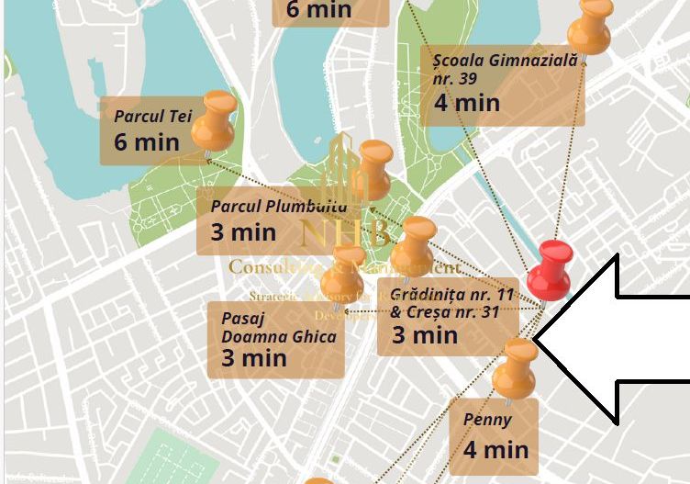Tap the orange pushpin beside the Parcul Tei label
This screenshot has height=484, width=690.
point(216,120)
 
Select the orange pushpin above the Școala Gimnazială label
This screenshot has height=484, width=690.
point(589,26)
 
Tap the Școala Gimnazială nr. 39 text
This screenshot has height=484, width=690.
point(505,68)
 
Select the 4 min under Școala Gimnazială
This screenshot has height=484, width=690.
point(467,102)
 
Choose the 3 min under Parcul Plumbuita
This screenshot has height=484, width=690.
point(243,231)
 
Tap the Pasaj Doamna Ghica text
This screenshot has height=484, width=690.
point(278,327)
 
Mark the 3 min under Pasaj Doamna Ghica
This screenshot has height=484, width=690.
point(254,357)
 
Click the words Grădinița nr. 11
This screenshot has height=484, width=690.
point(451,296)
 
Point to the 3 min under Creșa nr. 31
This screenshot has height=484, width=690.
point(425,335)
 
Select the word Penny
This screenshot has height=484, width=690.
point(487,421)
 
